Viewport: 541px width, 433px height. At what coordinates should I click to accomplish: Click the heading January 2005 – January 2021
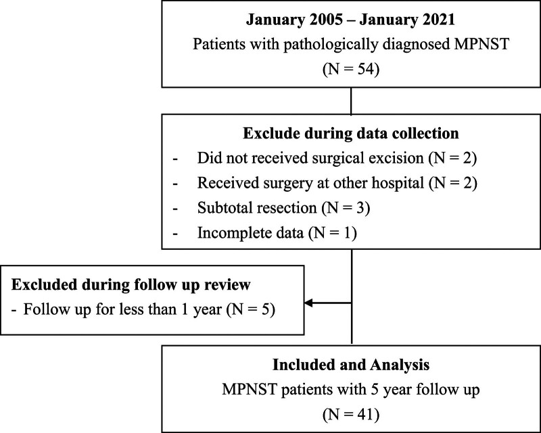pyautogui.click(x=350, y=20)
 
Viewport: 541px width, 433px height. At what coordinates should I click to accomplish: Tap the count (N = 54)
pyautogui.click(x=351, y=70)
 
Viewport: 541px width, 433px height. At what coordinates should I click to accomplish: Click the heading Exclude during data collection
pyautogui.click(x=351, y=134)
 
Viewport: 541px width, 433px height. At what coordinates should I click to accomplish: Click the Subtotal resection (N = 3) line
pyautogui.click(x=283, y=208)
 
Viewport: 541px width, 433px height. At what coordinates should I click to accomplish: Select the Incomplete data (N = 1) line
pyautogui.click(x=277, y=232)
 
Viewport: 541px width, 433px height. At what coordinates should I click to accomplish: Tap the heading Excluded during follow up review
pyautogui.click(x=131, y=285)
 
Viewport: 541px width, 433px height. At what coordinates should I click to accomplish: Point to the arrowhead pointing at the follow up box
pyautogui.click(x=308, y=303)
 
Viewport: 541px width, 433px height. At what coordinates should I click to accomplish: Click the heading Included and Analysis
pyautogui.click(x=351, y=365)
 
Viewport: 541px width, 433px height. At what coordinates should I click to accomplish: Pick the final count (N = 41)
pyautogui.click(x=351, y=414)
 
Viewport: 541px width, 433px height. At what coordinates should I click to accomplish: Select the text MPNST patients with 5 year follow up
pyautogui.click(x=351, y=390)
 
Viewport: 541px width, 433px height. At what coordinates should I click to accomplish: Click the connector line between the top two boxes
pyautogui.click(x=351, y=101)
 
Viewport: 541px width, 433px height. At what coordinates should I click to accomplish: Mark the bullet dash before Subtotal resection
pyautogui.click(x=175, y=209)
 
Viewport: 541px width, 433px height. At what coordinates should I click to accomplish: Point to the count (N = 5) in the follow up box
pyautogui.click(x=251, y=309)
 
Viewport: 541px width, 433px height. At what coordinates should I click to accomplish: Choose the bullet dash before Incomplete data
pyautogui.click(x=175, y=234)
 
